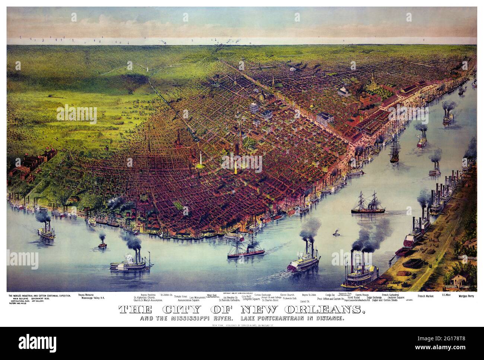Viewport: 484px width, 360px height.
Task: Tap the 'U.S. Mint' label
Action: (x=447, y=295)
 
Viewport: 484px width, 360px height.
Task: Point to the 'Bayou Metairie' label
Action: (x=86, y=294)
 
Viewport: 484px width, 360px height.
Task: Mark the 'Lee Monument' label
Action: (x=197, y=297)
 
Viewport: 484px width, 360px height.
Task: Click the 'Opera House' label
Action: (x=362, y=295)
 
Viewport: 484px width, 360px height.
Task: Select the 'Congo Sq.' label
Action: (x=331, y=295)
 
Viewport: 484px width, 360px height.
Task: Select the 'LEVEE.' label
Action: (x=410, y=299)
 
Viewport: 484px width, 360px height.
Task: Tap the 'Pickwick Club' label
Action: (x=290, y=298)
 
